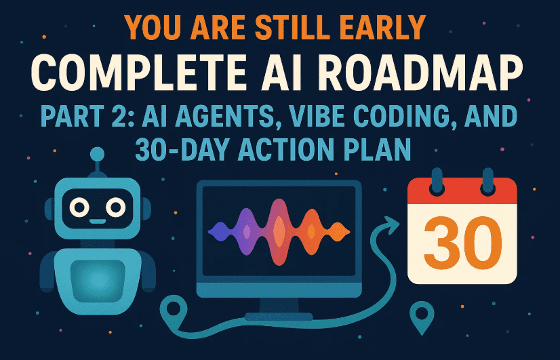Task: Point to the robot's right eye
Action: (116, 205)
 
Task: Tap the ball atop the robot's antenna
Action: (98, 154)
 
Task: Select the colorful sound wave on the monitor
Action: (279, 231)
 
